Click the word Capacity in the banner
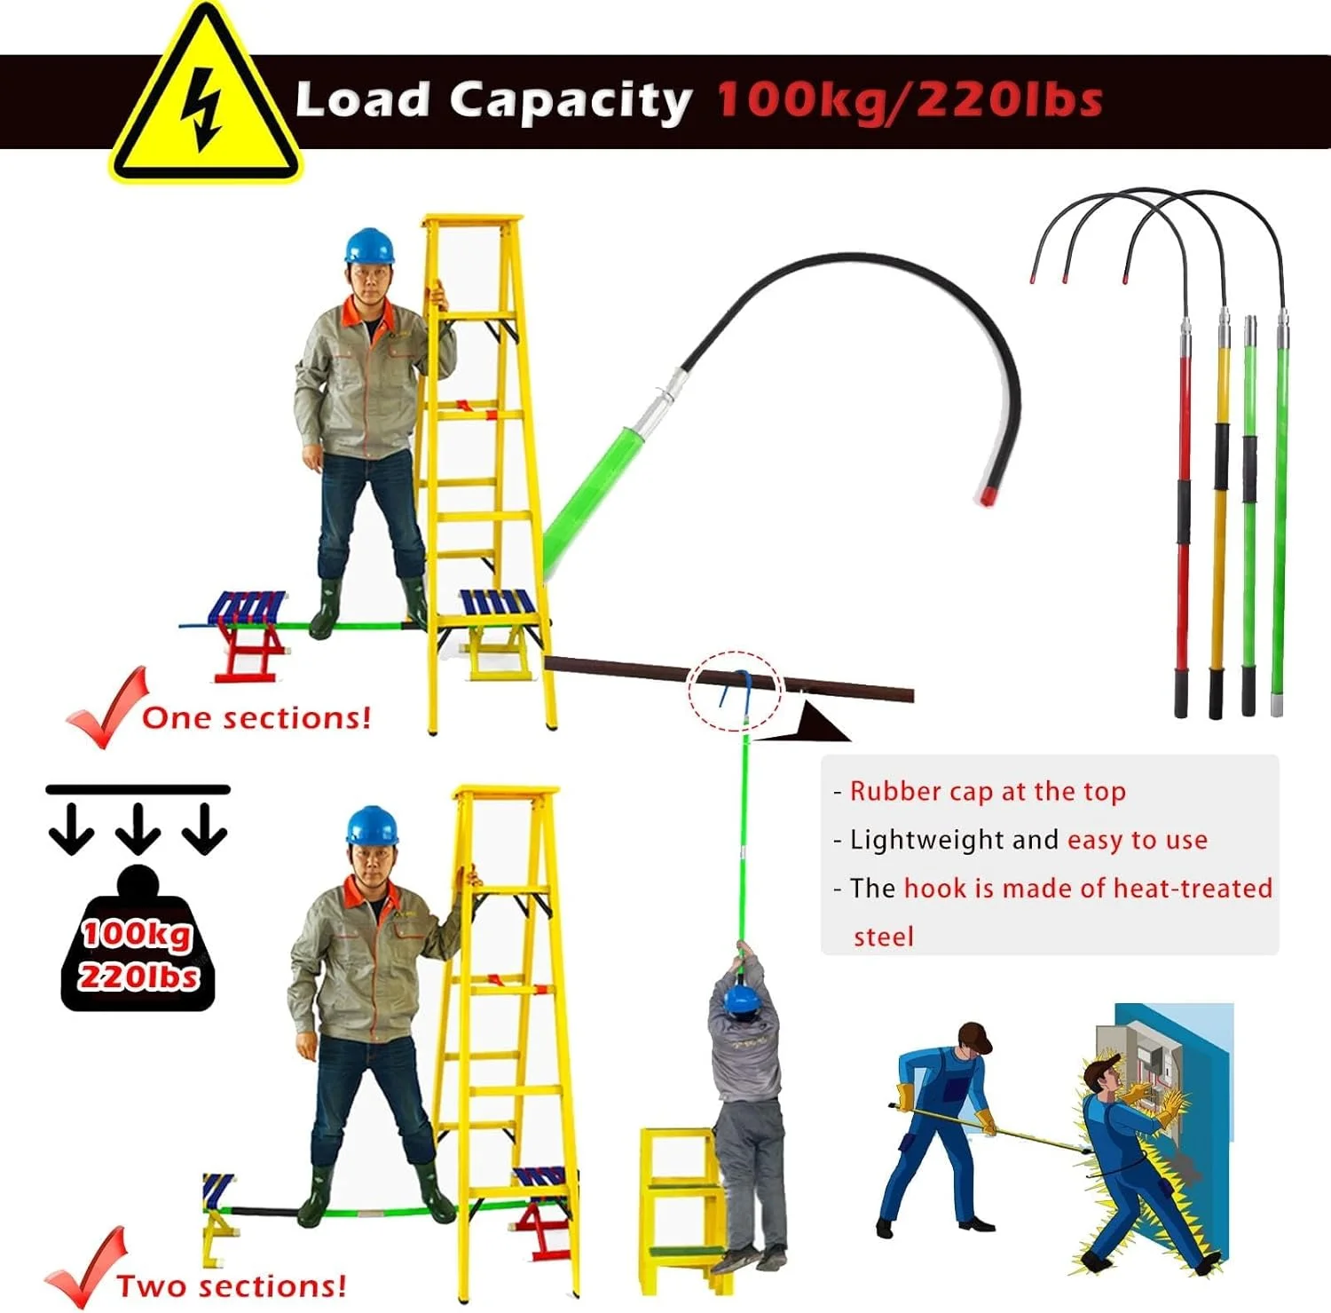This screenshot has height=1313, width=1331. pos(570,101)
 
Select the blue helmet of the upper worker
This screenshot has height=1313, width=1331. pos(369,245)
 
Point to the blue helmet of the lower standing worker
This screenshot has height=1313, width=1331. pos(372,825)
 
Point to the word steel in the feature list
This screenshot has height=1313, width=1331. pos(883,937)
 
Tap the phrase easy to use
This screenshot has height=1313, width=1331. pos(1138,840)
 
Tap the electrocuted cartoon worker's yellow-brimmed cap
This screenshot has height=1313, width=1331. pos(1102,1067)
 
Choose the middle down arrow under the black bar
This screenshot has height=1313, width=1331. pos(138,827)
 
